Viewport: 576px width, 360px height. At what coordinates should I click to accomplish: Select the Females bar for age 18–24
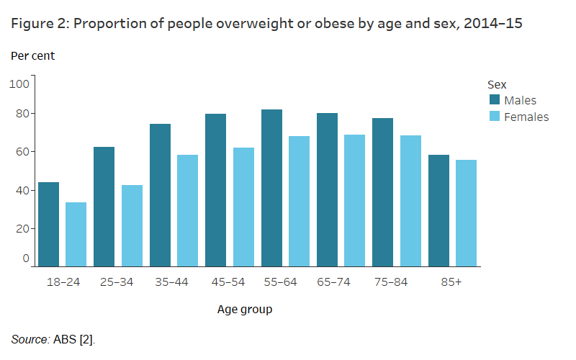[76, 235]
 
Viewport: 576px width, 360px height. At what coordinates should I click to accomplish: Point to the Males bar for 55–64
[271, 188]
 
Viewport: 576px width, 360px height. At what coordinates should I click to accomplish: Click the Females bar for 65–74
[354, 201]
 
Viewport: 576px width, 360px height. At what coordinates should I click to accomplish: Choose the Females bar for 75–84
[410, 201]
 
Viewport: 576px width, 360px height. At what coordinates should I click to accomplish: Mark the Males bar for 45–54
[215, 190]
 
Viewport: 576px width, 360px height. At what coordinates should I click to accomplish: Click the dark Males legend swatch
[495, 100]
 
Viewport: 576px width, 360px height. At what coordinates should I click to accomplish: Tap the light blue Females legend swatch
[495, 117]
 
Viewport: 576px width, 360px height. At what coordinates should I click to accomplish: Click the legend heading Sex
[497, 84]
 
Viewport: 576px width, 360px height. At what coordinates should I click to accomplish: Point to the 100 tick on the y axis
[19, 84]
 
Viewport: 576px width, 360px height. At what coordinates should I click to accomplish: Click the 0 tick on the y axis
[25, 258]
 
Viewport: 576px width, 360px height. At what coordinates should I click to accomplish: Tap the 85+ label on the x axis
[451, 282]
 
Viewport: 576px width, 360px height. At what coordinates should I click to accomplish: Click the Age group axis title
[245, 310]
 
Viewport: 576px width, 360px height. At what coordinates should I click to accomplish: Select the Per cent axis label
[32, 55]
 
